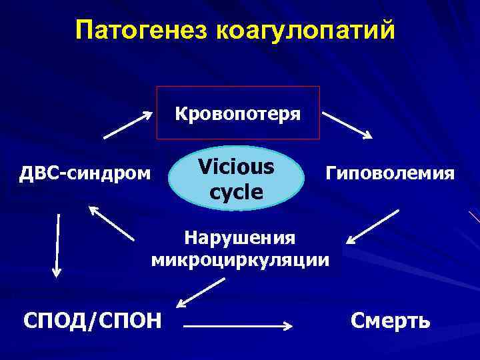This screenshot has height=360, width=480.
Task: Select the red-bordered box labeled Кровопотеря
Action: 238,113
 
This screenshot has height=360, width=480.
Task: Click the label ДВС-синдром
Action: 84,175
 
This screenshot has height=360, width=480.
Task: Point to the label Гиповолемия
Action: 391,175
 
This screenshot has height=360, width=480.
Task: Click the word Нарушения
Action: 239,237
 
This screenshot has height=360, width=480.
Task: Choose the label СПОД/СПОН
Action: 92,321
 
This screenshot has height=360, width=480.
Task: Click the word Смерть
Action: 391,321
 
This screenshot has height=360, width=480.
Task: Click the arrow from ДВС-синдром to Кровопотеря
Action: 128,125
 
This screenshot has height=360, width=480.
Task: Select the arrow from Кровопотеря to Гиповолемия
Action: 347,125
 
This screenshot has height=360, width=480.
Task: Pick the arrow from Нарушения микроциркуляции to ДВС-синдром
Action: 111,223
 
